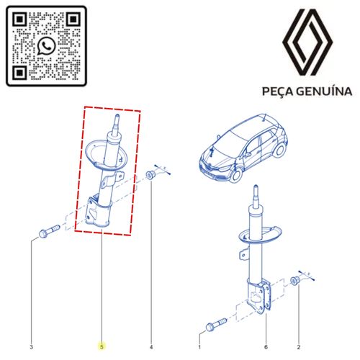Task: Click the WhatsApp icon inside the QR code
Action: coord(46,46)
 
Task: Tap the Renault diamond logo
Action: coord(307,42)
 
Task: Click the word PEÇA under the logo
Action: coord(277,91)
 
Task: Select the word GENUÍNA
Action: coord(324,91)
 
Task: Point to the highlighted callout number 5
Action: coord(102,347)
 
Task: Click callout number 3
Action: coord(31,347)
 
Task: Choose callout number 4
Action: coord(151,347)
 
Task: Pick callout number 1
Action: coord(199,347)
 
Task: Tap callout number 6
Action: coord(266,347)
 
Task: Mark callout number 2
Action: coord(299,347)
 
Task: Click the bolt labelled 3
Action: coord(49,231)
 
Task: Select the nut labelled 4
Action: coord(150,174)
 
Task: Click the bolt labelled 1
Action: coord(216,325)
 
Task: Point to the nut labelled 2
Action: coord(295,281)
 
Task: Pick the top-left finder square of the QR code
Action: coord(19,19)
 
